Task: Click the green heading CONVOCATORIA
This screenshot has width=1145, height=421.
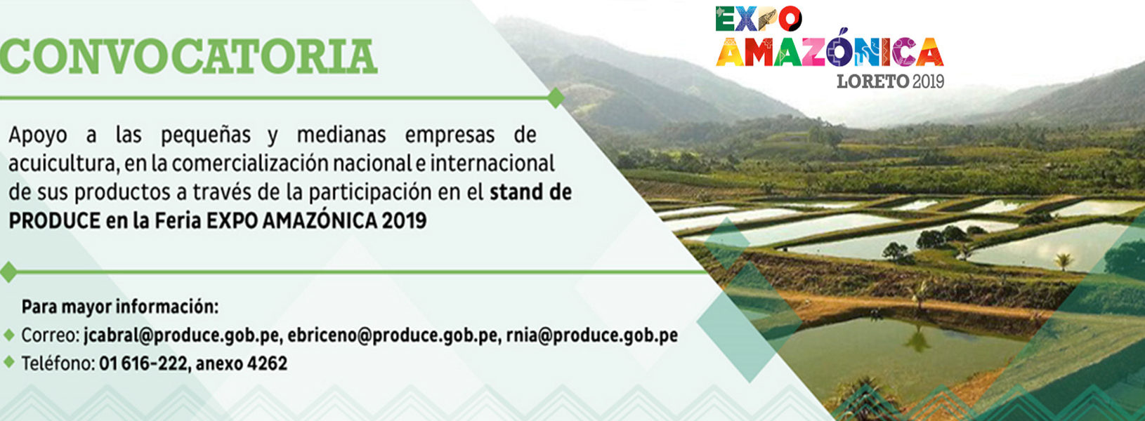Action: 188,56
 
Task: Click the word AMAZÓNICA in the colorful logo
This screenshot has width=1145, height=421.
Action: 829,51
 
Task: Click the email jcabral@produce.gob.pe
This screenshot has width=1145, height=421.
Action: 182,335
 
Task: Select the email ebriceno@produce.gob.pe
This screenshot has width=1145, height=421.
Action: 393,335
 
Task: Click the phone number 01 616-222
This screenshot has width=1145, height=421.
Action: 143,363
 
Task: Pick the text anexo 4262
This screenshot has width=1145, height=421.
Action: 241,363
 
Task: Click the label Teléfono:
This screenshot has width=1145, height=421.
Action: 58,363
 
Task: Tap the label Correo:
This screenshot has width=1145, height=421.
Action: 50,335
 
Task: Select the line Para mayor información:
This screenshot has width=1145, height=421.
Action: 119,307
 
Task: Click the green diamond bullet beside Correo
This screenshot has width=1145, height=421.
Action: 8,335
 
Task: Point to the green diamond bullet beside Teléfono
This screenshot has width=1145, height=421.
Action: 8,362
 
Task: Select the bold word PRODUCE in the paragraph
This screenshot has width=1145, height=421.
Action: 55,221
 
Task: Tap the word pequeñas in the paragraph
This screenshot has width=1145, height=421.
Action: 206,135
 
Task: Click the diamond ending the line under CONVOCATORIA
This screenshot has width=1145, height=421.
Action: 556,98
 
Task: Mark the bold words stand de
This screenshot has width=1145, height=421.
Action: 530,192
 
